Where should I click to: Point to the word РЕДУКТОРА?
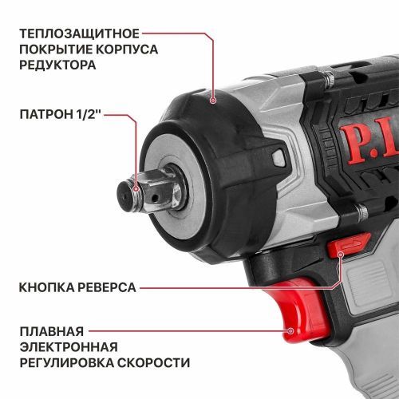(x=60, y=65)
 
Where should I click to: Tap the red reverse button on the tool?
(x=351, y=244)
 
